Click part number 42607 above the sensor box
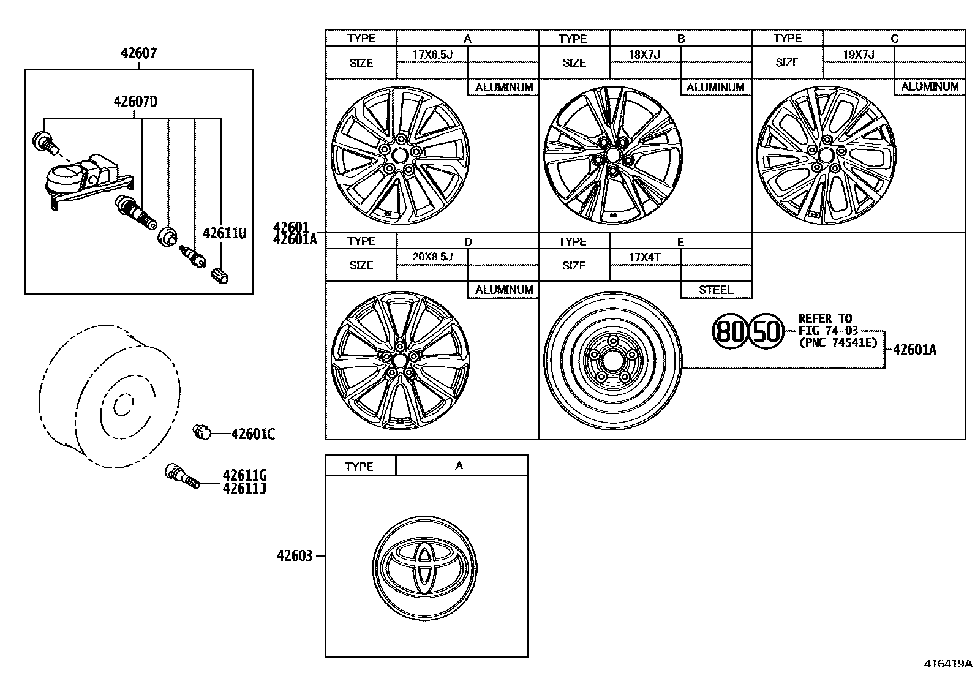point(138,53)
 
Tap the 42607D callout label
point(135,102)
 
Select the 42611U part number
point(224,233)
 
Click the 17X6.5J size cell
point(432,55)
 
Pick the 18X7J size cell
point(644,55)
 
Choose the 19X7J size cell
point(858,55)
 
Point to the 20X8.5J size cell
point(432,257)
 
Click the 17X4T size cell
point(644,257)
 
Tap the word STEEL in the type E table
point(715,290)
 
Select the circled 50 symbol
point(767,331)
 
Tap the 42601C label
point(252,435)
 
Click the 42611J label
point(244,489)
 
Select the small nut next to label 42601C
point(201,432)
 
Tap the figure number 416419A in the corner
point(948,663)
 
